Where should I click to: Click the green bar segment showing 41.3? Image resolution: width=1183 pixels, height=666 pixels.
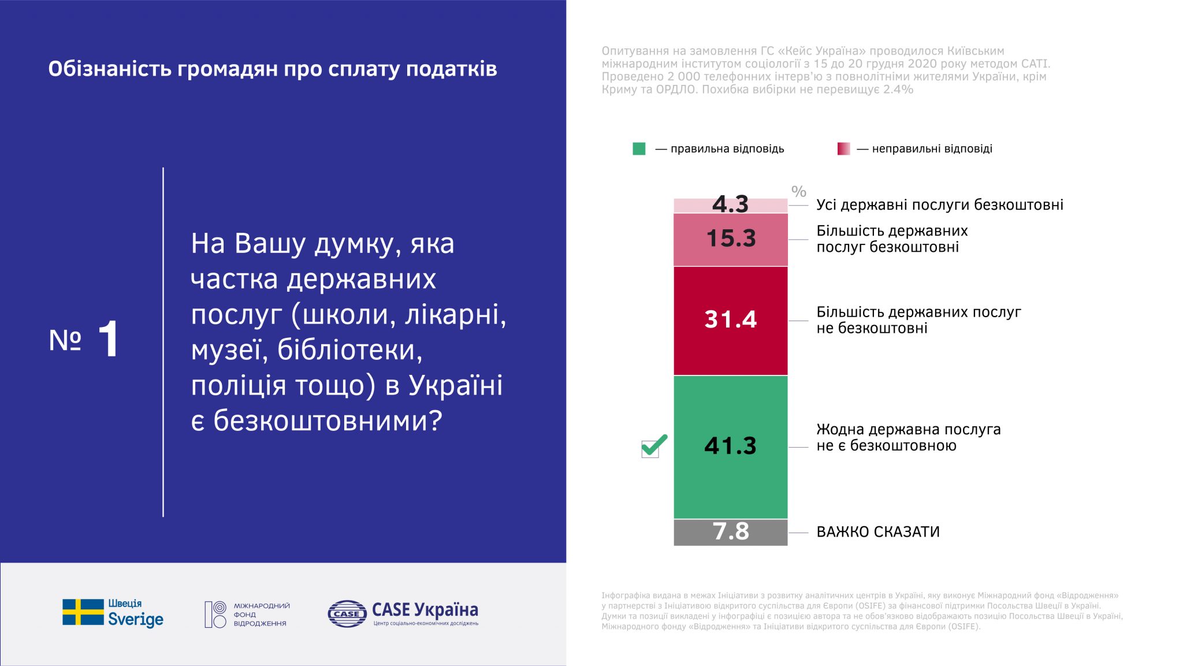click(x=730, y=447)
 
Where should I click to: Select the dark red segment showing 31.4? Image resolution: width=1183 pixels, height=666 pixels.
click(x=730, y=320)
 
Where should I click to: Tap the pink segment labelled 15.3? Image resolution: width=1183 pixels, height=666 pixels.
click(x=730, y=239)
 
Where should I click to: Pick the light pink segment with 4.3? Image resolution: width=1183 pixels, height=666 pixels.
click(x=730, y=205)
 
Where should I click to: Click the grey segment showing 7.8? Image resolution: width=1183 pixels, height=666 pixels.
click(x=730, y=532)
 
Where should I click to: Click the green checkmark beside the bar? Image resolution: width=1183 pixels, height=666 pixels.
click(x=654, y=445)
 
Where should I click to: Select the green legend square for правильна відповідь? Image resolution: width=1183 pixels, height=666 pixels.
click(x=639, y=149)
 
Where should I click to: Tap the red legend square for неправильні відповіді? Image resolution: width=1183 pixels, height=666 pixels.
click(x=843, y=149)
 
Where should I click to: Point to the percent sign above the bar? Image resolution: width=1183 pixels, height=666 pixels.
click(x=798, y=191)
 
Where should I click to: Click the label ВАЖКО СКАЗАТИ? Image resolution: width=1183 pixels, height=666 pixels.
click(x=877, y=532)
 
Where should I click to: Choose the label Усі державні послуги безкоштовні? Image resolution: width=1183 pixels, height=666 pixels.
click(x=939, y=205)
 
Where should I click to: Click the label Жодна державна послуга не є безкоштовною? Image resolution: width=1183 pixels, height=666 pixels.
click(x=908, y=437)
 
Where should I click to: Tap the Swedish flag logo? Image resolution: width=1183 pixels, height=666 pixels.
click(x=83, y=612)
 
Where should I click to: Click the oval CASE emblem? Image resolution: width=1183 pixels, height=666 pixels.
click(x=347, y=613)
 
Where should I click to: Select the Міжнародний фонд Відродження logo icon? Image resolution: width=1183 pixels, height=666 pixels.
click(x=215, y=615)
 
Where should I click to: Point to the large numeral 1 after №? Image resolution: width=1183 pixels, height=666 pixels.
click(x=109, y=339)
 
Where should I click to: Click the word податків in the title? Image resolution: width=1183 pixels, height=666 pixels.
click(x=451, y=69)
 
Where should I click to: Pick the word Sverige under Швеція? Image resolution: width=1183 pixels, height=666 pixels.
click(x=136, y=620)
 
